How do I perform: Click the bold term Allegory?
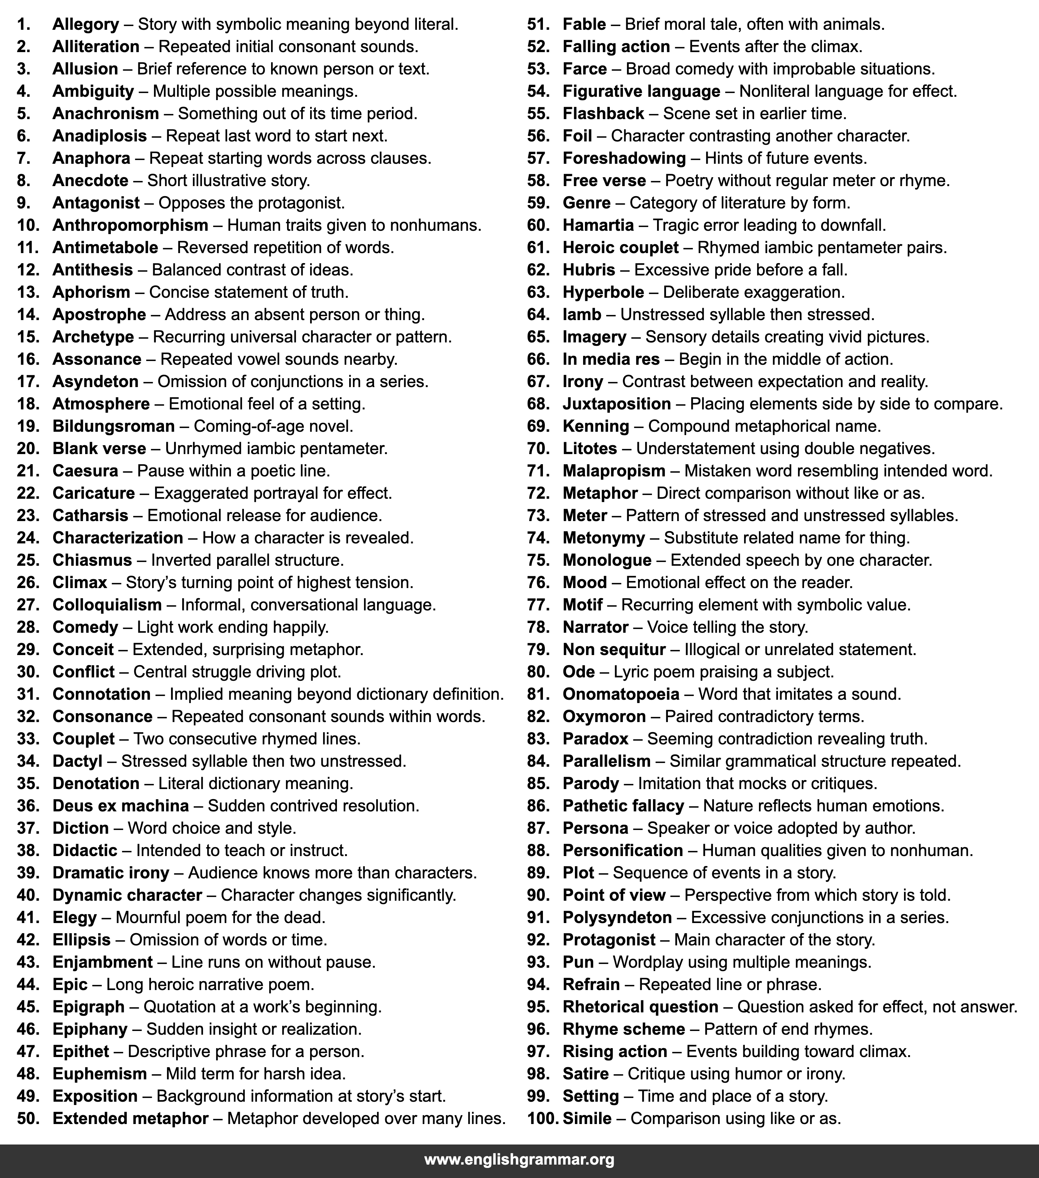85,24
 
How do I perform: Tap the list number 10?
28,225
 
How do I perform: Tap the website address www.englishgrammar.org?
519,1159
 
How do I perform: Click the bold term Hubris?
589,270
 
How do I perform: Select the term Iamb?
582,314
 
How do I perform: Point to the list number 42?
28,939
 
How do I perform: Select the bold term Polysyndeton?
617,917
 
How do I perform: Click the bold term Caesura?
85,471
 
